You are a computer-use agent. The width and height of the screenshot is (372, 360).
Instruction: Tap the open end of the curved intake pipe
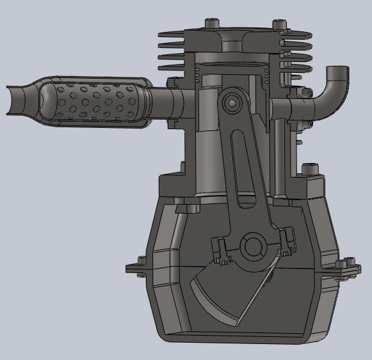(x=338, y=71)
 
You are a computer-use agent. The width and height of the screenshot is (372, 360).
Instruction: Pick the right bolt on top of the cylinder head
(x=279, y=24)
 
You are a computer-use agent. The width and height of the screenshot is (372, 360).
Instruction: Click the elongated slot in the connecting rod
(x=242, y=169)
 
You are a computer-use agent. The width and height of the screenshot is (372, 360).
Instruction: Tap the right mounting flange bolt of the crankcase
(x=349, y=264)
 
